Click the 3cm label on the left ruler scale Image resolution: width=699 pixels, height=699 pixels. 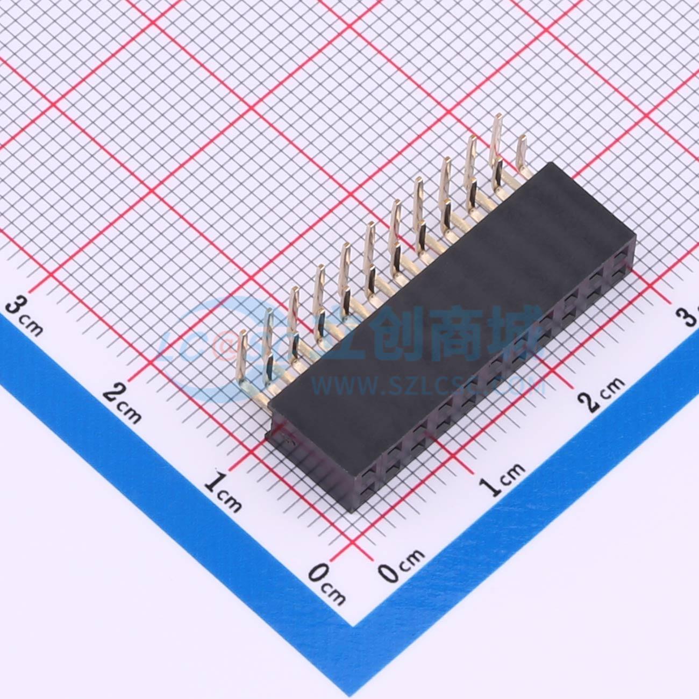24,317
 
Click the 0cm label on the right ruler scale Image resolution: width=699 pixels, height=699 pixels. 401,565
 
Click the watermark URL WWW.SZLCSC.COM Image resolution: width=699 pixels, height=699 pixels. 427,385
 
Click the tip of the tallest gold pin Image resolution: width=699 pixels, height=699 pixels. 498,117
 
